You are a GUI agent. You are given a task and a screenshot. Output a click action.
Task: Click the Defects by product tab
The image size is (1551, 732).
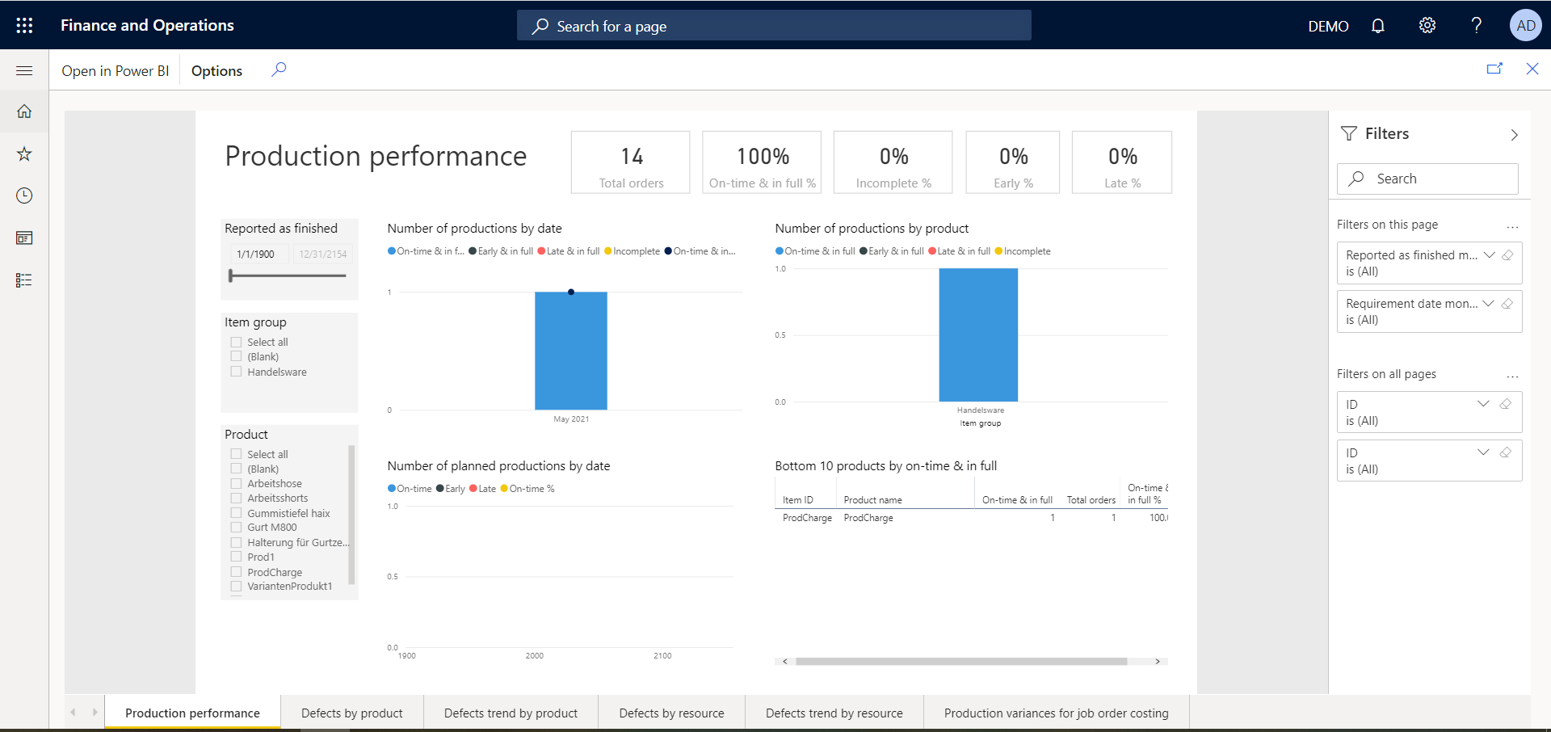click(x=351, y=713)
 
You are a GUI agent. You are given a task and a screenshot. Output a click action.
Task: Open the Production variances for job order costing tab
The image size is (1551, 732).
click(x=1056, y=713)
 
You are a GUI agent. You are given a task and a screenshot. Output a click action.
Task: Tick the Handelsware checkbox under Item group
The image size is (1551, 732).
click(x=237, y=372)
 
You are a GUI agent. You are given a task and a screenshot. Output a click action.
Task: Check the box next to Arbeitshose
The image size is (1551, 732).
click(x=237, y=483)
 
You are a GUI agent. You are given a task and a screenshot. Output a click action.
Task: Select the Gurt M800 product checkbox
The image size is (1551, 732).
click(x=237, y=527)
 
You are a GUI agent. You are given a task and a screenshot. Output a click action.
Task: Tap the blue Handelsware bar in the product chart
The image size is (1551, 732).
click(x=977, y=335)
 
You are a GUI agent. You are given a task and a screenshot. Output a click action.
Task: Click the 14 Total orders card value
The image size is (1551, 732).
click(x=632, y=156)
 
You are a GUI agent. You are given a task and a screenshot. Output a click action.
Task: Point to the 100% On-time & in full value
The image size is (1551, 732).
click(x=763, y=156)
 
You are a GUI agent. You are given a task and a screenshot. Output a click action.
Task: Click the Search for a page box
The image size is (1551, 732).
click(x=773, y=26)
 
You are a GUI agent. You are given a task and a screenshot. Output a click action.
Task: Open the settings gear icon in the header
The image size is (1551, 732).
click(x=1427, y=26)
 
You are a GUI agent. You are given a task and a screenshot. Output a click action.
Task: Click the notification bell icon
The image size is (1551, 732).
click(x=1378, y=26)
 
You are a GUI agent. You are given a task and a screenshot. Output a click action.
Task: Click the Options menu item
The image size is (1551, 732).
click(x=216, y=71)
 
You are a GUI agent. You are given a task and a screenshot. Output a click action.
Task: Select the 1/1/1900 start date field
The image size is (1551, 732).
click(x=256, y=254)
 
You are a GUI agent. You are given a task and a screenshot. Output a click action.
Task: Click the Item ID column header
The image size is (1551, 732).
click(x=798, y=500)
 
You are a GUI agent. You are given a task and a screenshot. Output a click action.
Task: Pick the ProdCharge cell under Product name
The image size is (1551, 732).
click(x=868, y=518)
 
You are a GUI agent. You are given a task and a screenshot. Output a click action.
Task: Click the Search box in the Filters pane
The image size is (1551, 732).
click(x=1427, y=179)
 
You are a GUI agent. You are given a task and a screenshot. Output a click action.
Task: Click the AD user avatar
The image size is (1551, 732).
click(x=1526, y=26)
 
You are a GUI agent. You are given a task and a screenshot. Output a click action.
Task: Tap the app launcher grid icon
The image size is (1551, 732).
click(x=24, y=26)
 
